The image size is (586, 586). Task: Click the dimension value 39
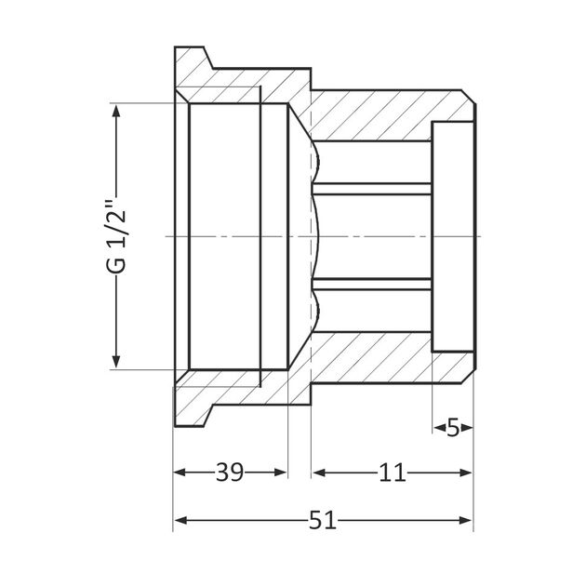pos(230,473)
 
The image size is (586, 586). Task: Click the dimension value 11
pos(393,473)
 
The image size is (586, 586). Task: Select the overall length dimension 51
pos(322,521)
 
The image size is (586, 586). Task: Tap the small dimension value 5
pos(453,427)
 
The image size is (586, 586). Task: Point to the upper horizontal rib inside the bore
pos(372,189)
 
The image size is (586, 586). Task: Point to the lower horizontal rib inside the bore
pos(372,284)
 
